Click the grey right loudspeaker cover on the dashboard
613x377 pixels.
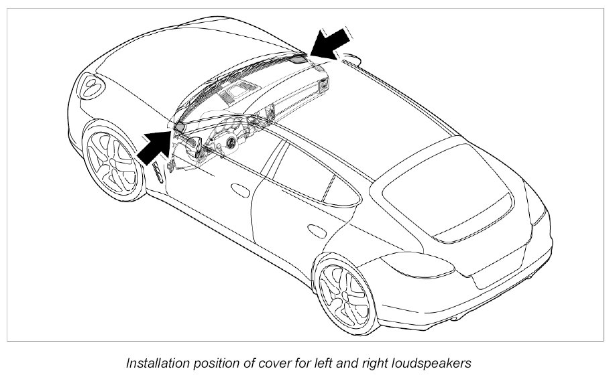(300, 58)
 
